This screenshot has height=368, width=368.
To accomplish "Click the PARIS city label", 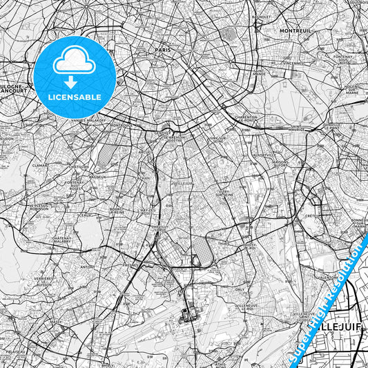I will (162, 50).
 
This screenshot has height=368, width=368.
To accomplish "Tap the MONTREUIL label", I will (296, 31).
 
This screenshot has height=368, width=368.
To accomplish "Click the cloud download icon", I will (75, 64).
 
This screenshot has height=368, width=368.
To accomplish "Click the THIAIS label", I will (223, 243).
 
